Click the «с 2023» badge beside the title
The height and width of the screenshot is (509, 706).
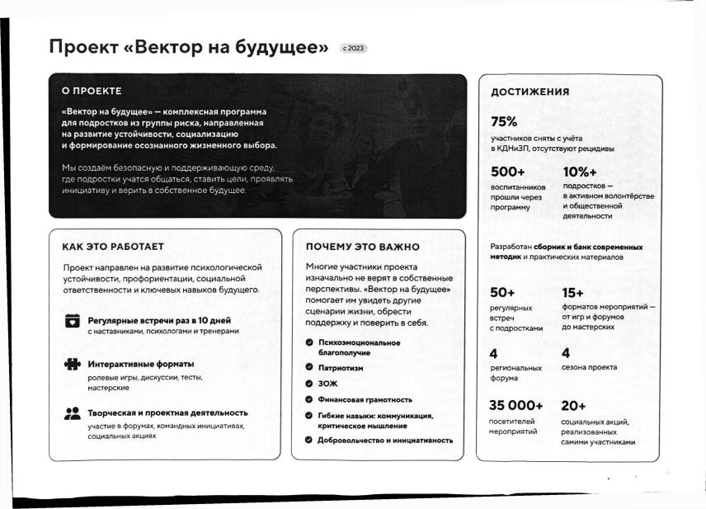coord(352,48)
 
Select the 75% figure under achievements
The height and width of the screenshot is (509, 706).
coord(504,122)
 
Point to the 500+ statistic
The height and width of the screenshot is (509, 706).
coord(507,172)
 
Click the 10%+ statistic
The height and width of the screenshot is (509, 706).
coord(580,172)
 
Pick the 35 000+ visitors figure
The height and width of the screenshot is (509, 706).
coord(516,405)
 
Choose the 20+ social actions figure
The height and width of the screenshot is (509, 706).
coord(573,405)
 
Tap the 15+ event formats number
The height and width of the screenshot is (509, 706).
coord(572,292)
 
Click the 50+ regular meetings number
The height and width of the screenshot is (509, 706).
coord(502,292)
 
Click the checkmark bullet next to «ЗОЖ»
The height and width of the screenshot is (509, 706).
coord(308,384)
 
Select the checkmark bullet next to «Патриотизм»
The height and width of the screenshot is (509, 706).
coord(308,367)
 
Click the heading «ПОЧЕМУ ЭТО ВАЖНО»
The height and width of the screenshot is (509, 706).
coord(362,247)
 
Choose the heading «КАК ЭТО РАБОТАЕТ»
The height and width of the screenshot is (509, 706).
coord(113,247)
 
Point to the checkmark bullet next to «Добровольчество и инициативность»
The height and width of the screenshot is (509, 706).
coord(308,440)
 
